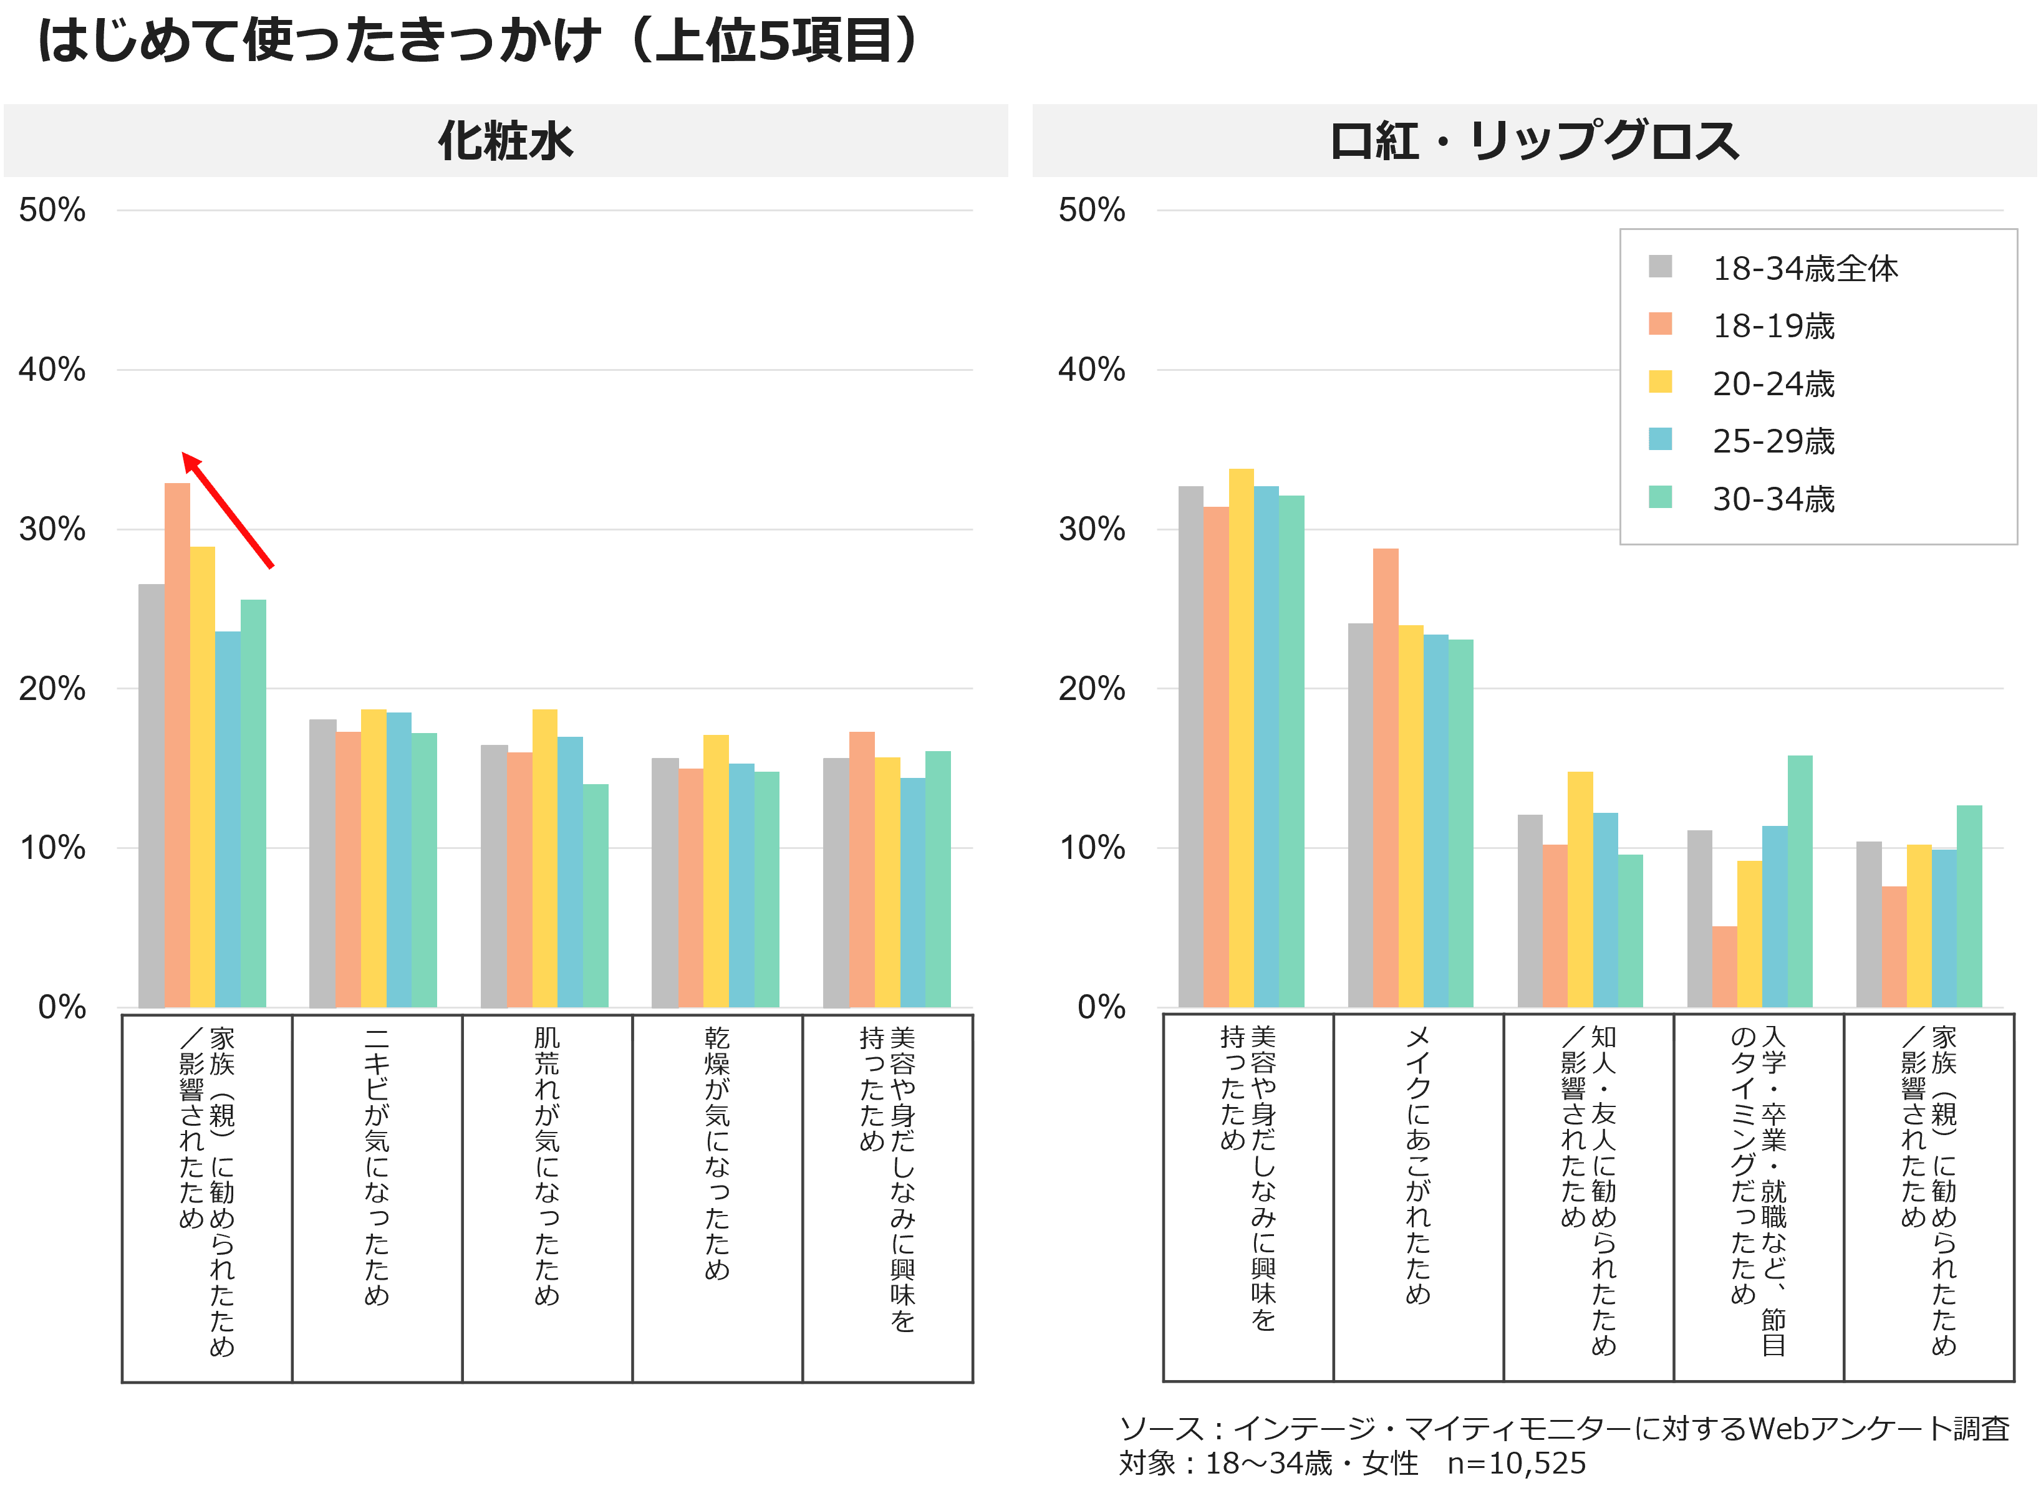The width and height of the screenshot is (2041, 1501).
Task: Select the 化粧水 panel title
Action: pos(505,141)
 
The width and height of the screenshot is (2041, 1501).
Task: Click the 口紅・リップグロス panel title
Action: pos(1534,141)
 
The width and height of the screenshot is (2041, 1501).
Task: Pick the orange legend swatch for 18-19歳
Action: pos(1660,324)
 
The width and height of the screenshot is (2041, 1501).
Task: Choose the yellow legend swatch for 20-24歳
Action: pos(1660,381)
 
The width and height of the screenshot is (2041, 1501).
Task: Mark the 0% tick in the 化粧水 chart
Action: pos(62,1007)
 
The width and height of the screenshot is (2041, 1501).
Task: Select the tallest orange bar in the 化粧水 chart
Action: pos(177,745)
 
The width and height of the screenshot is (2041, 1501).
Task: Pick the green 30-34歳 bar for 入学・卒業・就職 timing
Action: pos(1799,881)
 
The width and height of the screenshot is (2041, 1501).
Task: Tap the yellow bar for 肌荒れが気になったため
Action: pos(544,858)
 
